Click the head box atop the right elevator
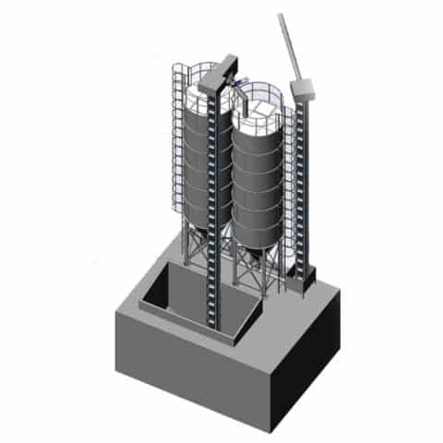[303, 88]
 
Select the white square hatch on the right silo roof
[261, 109]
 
